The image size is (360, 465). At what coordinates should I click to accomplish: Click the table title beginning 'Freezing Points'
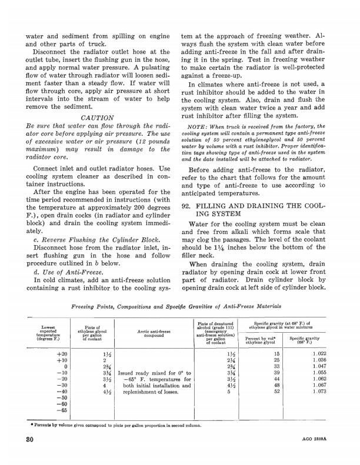pyautogui.click(x=176, y=306)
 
